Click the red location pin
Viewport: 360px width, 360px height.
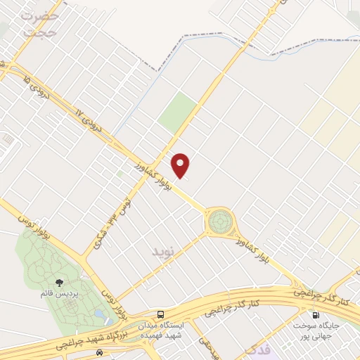pyautogui.click(x=181, y=165)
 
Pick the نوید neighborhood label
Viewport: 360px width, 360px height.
pyautogui.click(x=161, y=250)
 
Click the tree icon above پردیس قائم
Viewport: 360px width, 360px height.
pyautogui.click(x=58, y=283)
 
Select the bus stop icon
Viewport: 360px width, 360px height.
pyautogui.click(x=161, y=314)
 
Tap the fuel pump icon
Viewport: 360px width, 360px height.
pyautogui.click(x=314, y=314)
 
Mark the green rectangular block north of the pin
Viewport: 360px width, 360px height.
pyautogui.click(x=177, y=112)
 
